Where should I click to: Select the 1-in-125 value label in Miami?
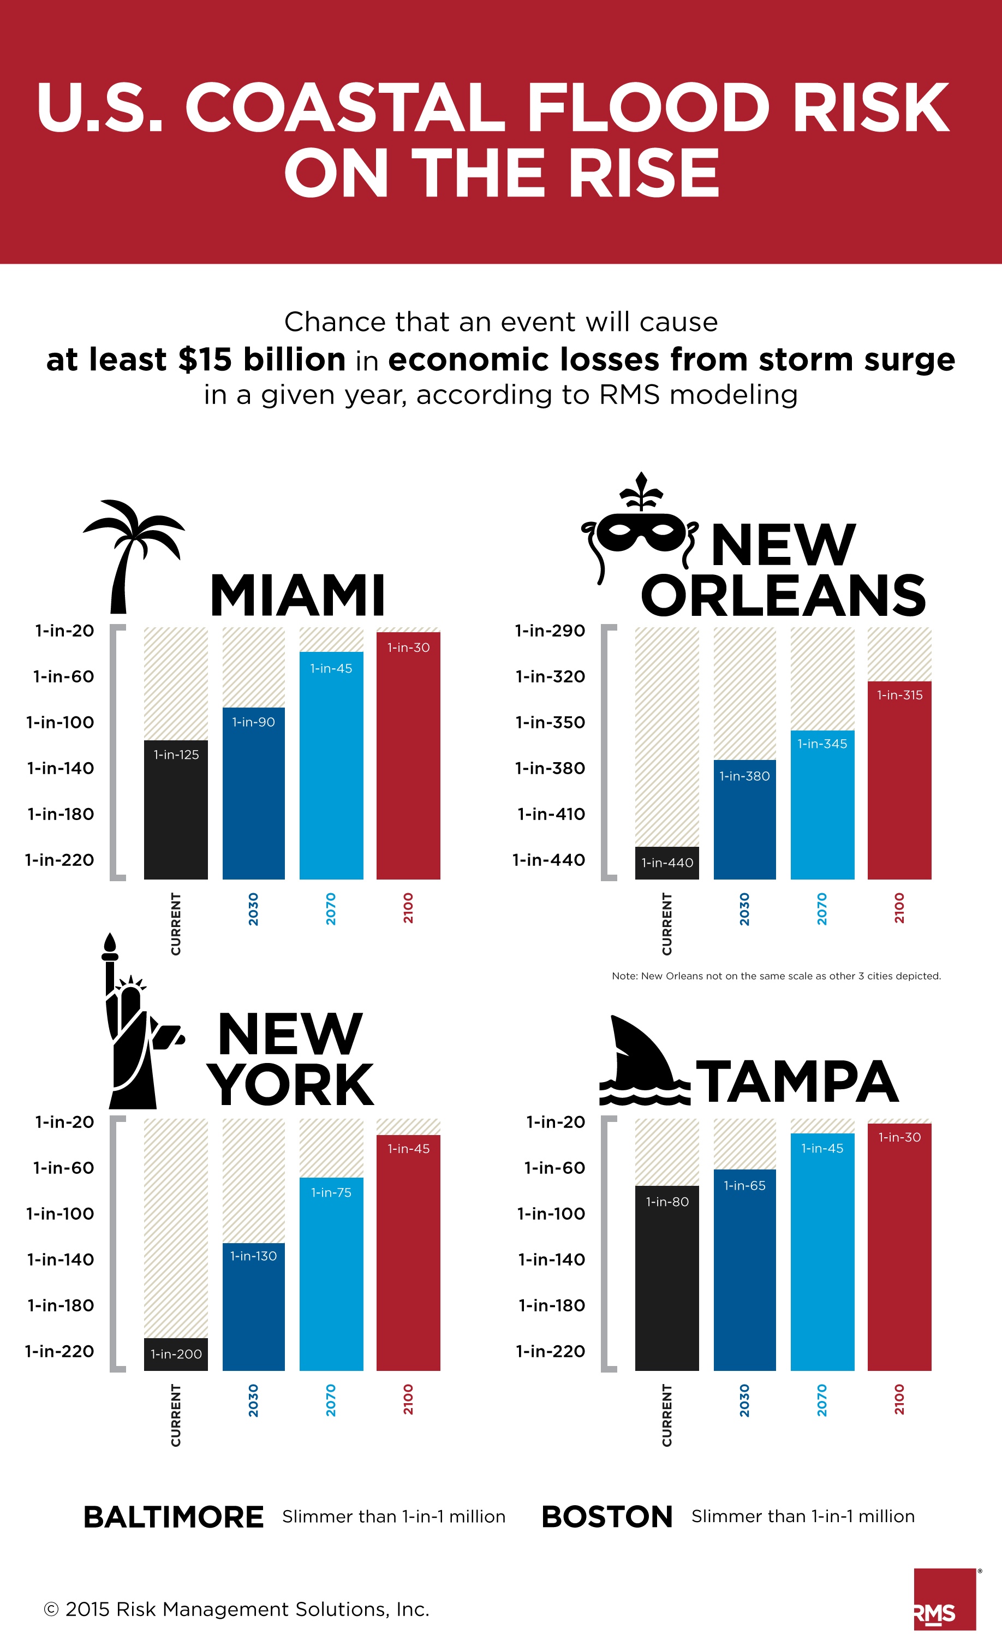[x=176, y=755]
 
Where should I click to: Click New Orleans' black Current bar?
[x=666, y=863]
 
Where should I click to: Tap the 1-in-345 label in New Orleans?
[x=822, y=744]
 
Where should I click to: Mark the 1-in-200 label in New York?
[x=176, y=1354]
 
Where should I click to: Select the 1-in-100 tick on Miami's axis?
[x=60, y=722]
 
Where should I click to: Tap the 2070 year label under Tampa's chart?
[x=822, y=1400]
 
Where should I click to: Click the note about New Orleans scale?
[x=776, y=976]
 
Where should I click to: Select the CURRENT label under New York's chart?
[x=176, y=1415]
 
